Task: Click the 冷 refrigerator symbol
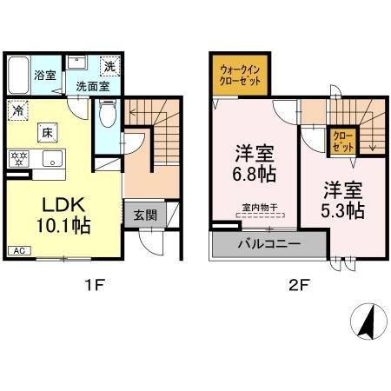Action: (17, 110)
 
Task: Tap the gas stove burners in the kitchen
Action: (18, 159)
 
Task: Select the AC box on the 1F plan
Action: (17, 250)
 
